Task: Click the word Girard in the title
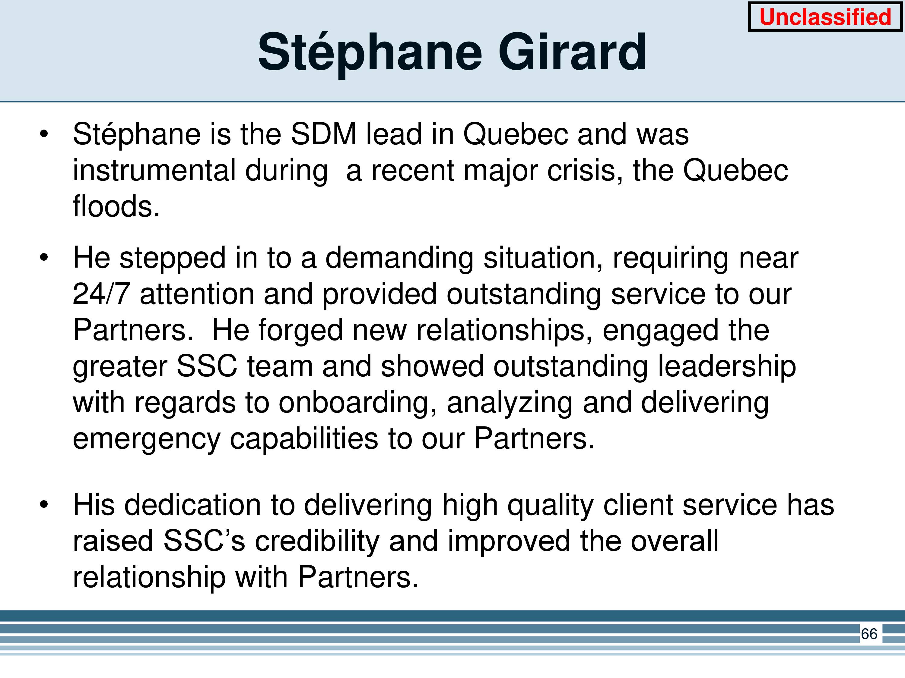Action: coord(572,52)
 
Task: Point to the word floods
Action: coord(116,206)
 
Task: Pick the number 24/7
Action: coord(101,294)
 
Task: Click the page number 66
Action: coord(869,634)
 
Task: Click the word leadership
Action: coord(727,367)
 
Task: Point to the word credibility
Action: coord(317,541)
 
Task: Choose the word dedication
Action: coord(192,505)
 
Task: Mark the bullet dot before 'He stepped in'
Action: coord(44,257)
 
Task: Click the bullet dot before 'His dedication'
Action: coord(44,505)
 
